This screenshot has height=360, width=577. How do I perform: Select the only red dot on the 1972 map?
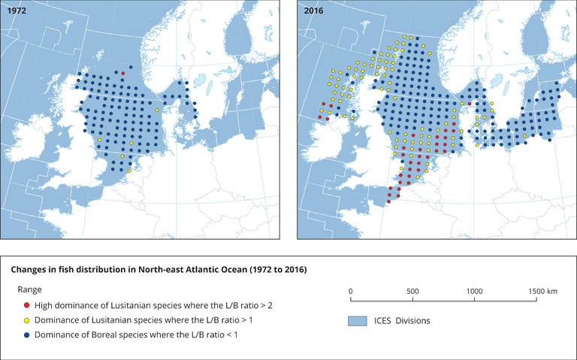tap(123, 73)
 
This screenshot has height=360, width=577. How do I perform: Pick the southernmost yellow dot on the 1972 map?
tap(129, 171)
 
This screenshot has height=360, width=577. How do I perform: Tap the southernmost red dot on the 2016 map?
tap(388, 201)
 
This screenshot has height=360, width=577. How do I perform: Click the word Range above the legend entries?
tap(31, 289)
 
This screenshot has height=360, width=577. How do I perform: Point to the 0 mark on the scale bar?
tap(351, 291)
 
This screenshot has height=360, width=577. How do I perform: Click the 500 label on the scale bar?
tap(412, 291)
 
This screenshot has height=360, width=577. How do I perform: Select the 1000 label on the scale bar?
tap(474, 291)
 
